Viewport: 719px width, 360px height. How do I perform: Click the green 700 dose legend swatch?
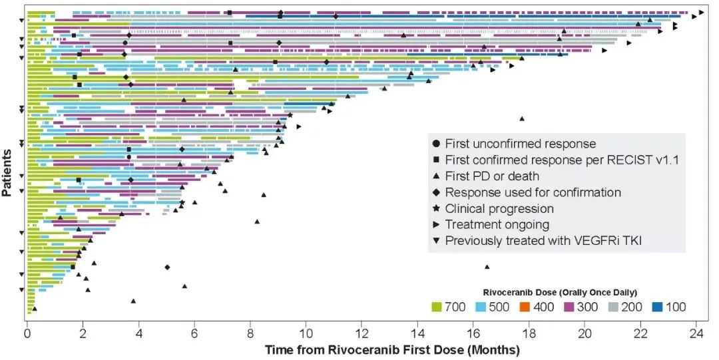[437, 307]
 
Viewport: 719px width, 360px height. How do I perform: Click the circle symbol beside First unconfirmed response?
[435, 143]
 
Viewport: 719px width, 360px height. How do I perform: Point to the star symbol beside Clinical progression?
[435, 208]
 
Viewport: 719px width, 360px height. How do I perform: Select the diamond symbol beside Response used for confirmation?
[435, 192]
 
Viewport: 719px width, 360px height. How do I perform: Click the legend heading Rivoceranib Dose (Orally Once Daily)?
[561, 292]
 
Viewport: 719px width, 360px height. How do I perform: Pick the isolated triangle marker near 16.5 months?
[487, 267]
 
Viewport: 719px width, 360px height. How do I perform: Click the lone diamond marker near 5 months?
[167, 267]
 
